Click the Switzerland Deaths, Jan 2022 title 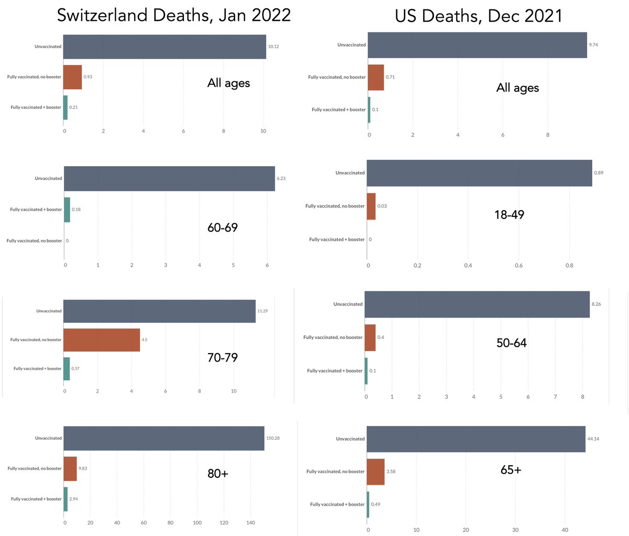click(x=173, y=15)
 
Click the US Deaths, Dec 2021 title click(x=478, y=16)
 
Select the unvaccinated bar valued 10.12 click(x=165, y=47)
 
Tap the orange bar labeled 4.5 click(x=102, y=340)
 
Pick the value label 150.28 click(x=273, y=438)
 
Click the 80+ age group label click(x=218, y=474)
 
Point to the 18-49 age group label click(x=509, y=215)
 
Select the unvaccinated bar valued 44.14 click(x=476, y=439)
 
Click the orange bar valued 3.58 click(x=376, y=472)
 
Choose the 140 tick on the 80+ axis click(x=251, y=522)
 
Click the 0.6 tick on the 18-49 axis click(x=518, y=266)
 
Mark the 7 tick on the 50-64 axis click(x=555, y=397)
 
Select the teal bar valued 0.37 click(x=67, y=368)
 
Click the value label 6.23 click(x=281, y=179)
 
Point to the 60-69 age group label click(x=223, y=228)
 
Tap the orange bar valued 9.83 click(x=70, y=468)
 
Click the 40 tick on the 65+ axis click(x=565, y=530)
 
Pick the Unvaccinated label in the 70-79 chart click(x=49, y=311)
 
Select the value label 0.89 click(x=599, y=173)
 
